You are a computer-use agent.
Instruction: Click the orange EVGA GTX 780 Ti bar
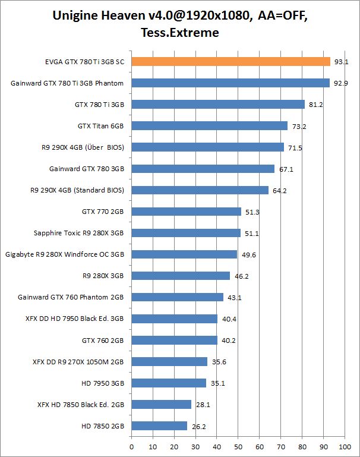pyautogui.click(x=230, y=61)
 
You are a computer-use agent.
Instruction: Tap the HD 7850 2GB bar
pyautogui.click(x=159, y=426)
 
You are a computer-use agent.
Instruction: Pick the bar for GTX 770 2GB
pyautogui.click(x=186, y=212)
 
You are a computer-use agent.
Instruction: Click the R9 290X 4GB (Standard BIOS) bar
pyautogui.click(x=200, y=190)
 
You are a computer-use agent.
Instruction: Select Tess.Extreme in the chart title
pyautogui.click(x=180, y=32)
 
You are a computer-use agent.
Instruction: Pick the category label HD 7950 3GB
pyautogui.click(x=102, y=383)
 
